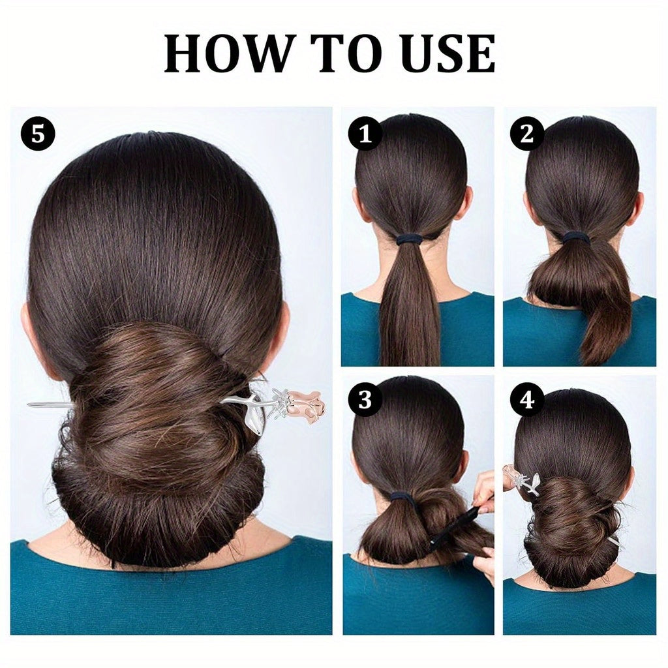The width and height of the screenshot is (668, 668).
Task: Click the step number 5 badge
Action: [x=38, y=134]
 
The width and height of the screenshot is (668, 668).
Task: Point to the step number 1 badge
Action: [x=365, y=134]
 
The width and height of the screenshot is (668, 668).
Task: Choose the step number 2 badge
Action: [x=527, y=134]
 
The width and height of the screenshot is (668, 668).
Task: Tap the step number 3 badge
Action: [x=365, y=400]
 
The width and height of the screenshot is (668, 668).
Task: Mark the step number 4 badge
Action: [x=527, y=400]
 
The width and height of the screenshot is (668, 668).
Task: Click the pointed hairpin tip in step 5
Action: [x=28, y=404]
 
